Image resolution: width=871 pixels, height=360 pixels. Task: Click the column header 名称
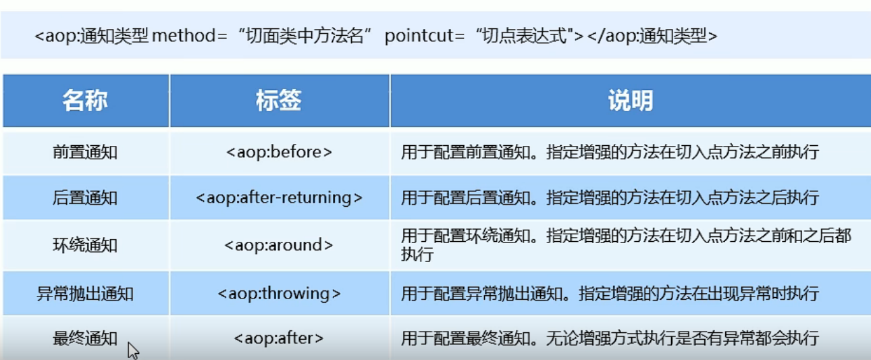(85, 101)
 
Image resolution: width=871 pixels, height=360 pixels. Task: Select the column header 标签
(279, 101)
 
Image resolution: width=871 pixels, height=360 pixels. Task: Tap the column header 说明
(631, 101)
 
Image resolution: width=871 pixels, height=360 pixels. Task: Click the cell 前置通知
(85, 152)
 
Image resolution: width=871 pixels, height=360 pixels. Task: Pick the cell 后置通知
(85, 198)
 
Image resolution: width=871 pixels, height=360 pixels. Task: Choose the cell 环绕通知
(85, 245)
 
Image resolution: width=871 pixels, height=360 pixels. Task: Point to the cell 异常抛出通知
(85, 294)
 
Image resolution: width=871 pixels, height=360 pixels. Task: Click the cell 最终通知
(85, 338)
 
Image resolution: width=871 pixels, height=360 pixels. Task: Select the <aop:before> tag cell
(279, 152)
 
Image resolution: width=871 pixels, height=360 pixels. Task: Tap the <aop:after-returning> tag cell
(279, 198)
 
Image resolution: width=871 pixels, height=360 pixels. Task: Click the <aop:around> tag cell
(279, 245)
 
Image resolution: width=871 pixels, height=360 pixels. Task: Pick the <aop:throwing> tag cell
(279, 294)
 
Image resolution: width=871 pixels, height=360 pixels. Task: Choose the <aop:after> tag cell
(279, 338)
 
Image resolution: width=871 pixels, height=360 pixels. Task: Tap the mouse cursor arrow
(133, 351)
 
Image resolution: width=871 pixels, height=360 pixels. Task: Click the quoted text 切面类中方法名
(305, 36)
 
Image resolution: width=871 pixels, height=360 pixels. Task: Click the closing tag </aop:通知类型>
(652, 36)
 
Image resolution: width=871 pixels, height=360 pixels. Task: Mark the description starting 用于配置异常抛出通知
(610, 294)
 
